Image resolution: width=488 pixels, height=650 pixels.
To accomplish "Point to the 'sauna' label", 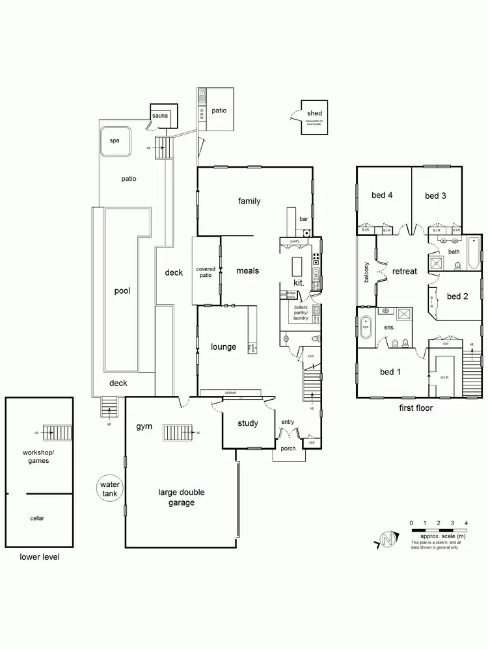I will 160,116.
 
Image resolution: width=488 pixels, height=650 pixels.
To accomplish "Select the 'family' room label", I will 249,201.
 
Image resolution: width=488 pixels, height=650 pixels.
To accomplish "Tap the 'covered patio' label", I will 206,272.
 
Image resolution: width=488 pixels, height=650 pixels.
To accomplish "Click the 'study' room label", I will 247,423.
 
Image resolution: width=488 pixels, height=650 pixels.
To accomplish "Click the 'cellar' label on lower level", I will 37,519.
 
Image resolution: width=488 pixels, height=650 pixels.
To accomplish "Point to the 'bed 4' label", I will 381,195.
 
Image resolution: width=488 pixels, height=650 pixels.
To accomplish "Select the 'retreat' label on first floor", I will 404,271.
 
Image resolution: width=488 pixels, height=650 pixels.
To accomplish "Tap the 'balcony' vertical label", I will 366,271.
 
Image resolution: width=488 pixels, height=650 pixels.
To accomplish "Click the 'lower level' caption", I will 38,557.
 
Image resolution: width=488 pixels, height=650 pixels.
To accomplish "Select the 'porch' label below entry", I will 288,448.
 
